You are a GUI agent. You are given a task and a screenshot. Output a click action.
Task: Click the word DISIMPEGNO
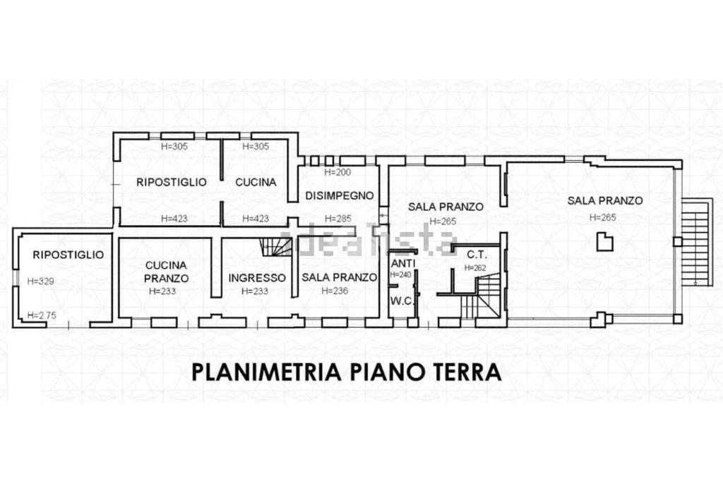339,195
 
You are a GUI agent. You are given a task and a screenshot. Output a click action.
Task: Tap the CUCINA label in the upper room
256,182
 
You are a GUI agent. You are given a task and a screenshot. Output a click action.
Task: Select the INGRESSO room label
257,278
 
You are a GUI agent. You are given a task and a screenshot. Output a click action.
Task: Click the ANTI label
403,263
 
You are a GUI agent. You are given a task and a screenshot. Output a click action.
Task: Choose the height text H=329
40,281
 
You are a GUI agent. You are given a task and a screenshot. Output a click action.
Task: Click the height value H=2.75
42,315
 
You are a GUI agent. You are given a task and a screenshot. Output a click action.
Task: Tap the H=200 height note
337,172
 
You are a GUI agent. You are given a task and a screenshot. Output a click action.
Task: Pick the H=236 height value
335,291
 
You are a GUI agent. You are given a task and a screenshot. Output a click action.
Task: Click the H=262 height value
475,268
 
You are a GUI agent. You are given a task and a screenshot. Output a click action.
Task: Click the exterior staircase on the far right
695,243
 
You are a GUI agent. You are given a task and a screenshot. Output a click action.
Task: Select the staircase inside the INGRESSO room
276,247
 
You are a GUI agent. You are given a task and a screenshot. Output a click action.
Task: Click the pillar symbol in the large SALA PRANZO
604,242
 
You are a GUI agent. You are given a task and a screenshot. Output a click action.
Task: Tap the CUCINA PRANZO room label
166,272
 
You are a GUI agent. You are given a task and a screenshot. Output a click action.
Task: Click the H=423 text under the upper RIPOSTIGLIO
174,219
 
